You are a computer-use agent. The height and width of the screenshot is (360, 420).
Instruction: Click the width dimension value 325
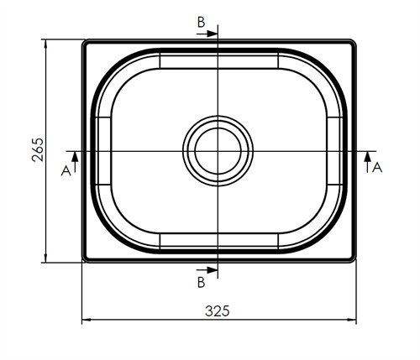(217, 310)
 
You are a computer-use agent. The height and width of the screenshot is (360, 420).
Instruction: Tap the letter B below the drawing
(202, 283)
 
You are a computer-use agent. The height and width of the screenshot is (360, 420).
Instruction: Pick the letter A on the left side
(66, 170)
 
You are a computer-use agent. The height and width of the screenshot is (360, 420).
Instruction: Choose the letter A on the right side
(377, 167)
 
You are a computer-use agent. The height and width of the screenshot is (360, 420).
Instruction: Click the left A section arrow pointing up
(75, 155)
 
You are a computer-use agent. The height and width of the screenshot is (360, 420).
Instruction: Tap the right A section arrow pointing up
(366, 155)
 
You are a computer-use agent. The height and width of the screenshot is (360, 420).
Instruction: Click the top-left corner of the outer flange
(84, 41)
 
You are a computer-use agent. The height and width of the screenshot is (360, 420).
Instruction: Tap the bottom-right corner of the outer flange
(353, 261)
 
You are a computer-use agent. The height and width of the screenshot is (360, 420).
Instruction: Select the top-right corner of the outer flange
(353, 41)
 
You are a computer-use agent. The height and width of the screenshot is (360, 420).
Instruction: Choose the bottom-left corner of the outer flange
(84, 261)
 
